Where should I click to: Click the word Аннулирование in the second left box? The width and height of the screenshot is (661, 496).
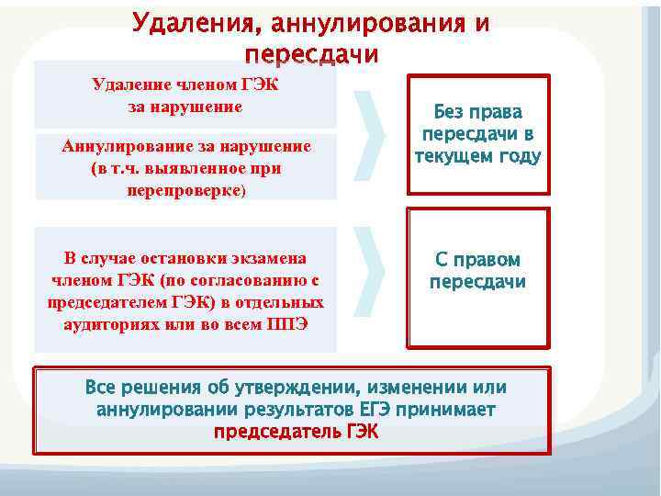tap(126, 146)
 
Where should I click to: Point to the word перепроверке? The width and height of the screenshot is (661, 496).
tap(184, 190)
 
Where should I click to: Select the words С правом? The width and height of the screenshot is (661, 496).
tap(478, 260)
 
